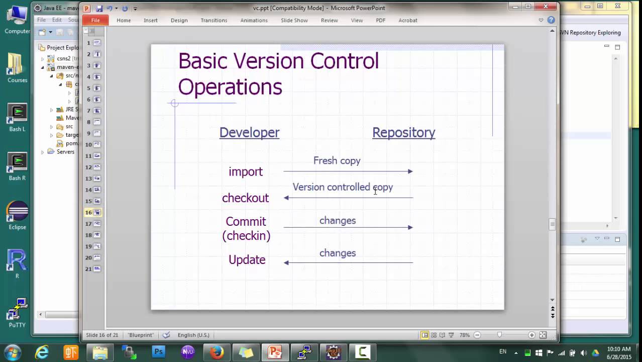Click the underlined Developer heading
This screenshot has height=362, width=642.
[x=249, y=132]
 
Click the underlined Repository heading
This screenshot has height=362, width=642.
[x=403, y=132]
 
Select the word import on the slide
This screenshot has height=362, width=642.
[x=246, y=171]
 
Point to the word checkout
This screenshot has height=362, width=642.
[x=246, y=198]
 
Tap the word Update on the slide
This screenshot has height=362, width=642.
[x=247, y=259]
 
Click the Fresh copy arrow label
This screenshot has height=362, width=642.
[x=337, y=161]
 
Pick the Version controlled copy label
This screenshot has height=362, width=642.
[x=343, y=187]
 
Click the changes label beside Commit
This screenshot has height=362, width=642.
[x=338, y=221]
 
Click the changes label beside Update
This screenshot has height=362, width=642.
[x=338, y=253]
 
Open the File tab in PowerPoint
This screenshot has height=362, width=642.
[x=95, y=20]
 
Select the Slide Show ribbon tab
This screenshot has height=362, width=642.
[x=294, y=20]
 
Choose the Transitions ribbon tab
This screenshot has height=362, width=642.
[x=214, y=20]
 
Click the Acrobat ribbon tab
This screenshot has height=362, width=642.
[x=408, y=20]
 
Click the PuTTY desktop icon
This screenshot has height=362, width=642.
[x=17, y=312]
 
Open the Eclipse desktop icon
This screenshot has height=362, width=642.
[x=17, y=213]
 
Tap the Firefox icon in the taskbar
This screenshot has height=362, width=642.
[x=217, y=352]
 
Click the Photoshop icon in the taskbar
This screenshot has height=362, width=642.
[x=159, y=352]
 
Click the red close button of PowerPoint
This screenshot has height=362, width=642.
[x=546, y=7]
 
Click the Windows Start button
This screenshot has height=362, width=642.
[x=12, y=352]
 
